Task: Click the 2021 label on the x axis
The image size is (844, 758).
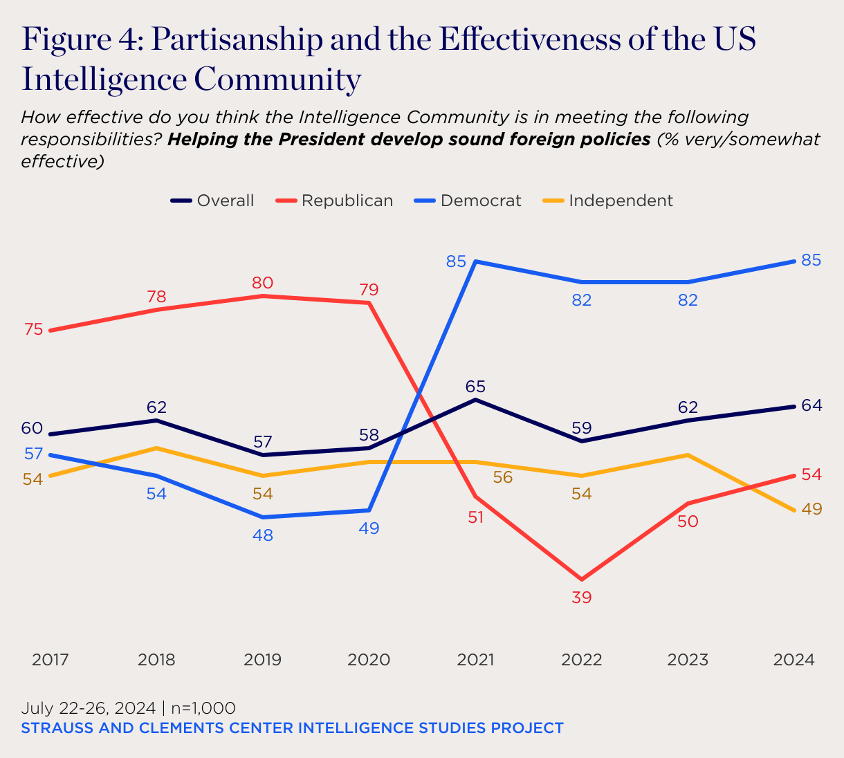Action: pos(476,660)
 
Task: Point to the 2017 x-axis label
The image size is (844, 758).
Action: pos(51,660)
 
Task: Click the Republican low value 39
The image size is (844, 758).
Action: pos(582,598)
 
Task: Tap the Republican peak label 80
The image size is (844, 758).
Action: pos(263,283)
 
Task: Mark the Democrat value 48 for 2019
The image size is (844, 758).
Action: pos(263,535)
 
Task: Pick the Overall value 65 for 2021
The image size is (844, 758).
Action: pos(476,387)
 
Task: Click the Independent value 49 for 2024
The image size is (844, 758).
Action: pos(811,509)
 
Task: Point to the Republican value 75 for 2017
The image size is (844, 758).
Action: pos(33,330)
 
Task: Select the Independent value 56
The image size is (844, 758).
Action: pos(503,477)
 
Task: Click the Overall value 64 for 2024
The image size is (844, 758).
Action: pos(811,405)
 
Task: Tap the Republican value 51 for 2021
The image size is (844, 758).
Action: pos(475,517)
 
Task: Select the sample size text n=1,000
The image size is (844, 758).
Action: pos(203,708)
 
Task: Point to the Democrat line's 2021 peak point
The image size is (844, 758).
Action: pos(476,261)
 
